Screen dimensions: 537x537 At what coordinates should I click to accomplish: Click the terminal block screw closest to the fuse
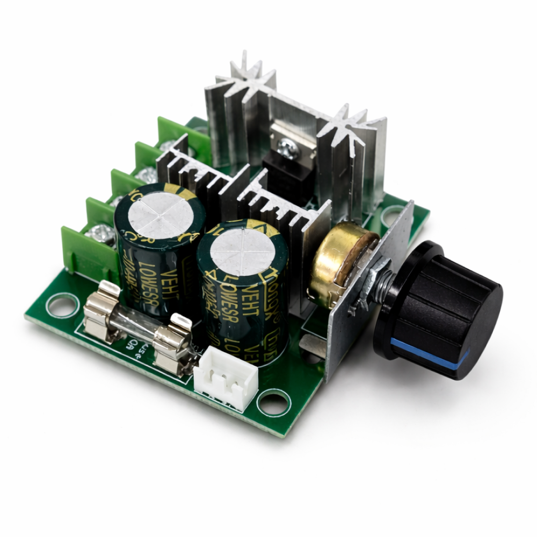click(99, 234)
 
